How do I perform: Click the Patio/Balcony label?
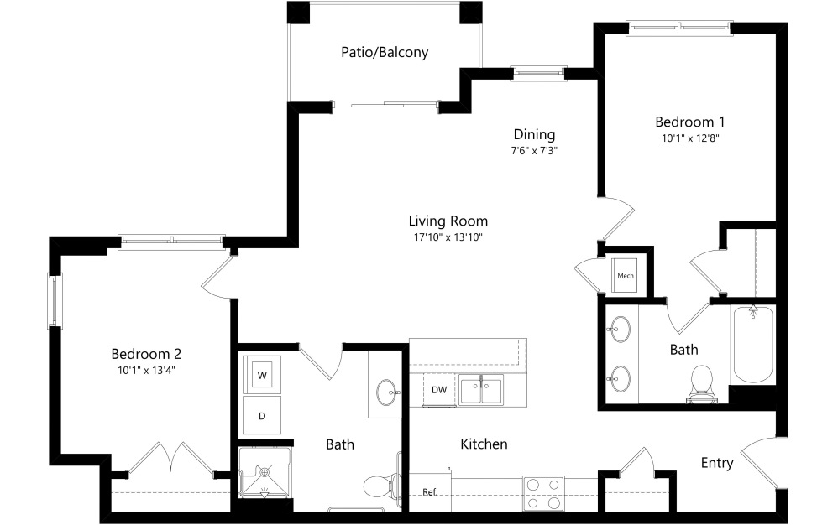click(385, 52)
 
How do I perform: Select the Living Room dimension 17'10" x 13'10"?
click(448, 237)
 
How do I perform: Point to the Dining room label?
click(534, 134)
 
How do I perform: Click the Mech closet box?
click(626, 275)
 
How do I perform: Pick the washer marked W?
click(262, 375)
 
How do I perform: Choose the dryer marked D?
click(262, 415)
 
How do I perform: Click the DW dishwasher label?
click(439, 390)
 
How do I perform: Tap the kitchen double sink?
click(480, 391)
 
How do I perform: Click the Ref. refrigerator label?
click(429, 491)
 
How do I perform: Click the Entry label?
click(716, 463)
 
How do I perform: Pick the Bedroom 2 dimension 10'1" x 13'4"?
click(147, 370)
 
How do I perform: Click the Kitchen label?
click(484, 444)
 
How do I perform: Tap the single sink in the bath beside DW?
click(387, 390)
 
